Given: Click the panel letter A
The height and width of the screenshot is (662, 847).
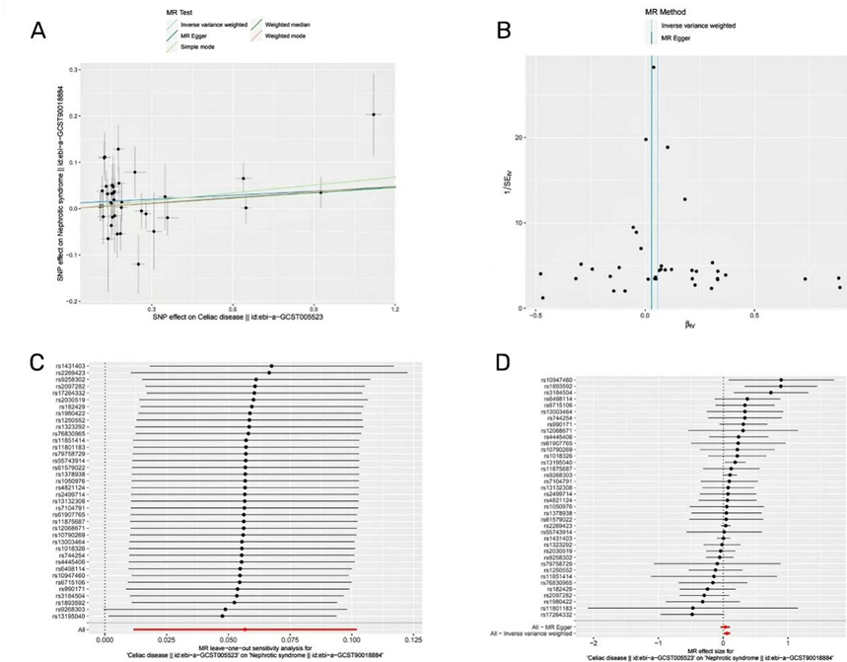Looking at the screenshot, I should [x=36, y=31].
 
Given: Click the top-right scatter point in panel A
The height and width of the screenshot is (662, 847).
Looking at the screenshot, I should [x=373, y=114].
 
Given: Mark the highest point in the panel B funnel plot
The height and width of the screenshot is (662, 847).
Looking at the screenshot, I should [x=653, y=67].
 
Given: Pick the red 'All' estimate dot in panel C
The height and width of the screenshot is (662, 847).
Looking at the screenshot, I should [x=245, y=628].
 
